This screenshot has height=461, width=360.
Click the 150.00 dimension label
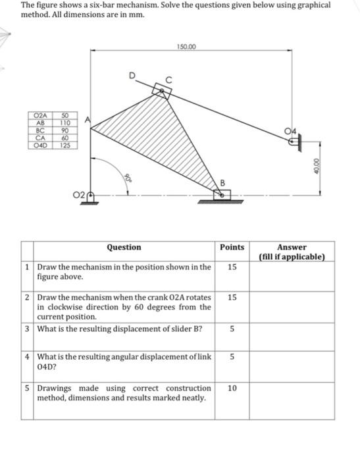click(186, 47)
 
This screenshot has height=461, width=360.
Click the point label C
click(169, 80)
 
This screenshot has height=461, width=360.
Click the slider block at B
click(223, 194)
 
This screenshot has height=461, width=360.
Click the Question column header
click(124, 248)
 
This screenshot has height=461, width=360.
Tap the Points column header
click(232, 248)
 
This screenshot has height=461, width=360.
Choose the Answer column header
click(292, 248)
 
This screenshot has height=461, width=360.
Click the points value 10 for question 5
click(232, 389)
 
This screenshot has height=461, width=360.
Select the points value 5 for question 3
click(232, 329)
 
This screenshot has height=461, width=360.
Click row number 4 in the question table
click(26, 357)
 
